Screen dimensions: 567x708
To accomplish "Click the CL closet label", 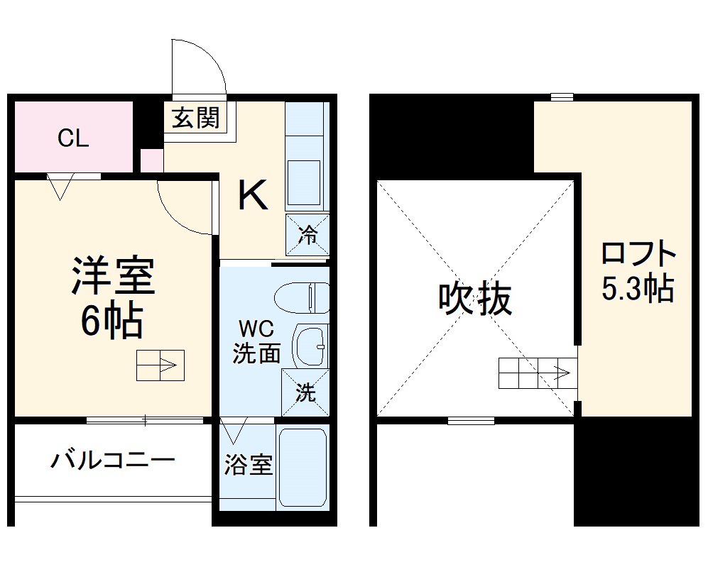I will [73, 138].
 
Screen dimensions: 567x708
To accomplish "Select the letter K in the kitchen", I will [252, 195].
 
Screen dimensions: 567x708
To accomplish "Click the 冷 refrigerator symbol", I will [307, 233].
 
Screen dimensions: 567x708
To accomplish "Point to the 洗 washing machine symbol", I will [305, 392].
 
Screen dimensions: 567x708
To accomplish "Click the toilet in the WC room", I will [302, 298].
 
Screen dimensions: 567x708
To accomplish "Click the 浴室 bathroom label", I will [248, 466].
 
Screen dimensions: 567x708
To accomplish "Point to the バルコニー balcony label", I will [113, 462].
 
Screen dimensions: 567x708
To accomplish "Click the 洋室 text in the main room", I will [113, 276].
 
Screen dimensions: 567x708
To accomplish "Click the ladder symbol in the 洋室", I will [160, 366].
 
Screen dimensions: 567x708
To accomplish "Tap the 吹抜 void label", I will [475, 299].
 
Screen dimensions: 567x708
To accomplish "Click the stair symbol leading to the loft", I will [538, 373].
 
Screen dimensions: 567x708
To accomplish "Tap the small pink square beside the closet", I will [151, 160].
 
